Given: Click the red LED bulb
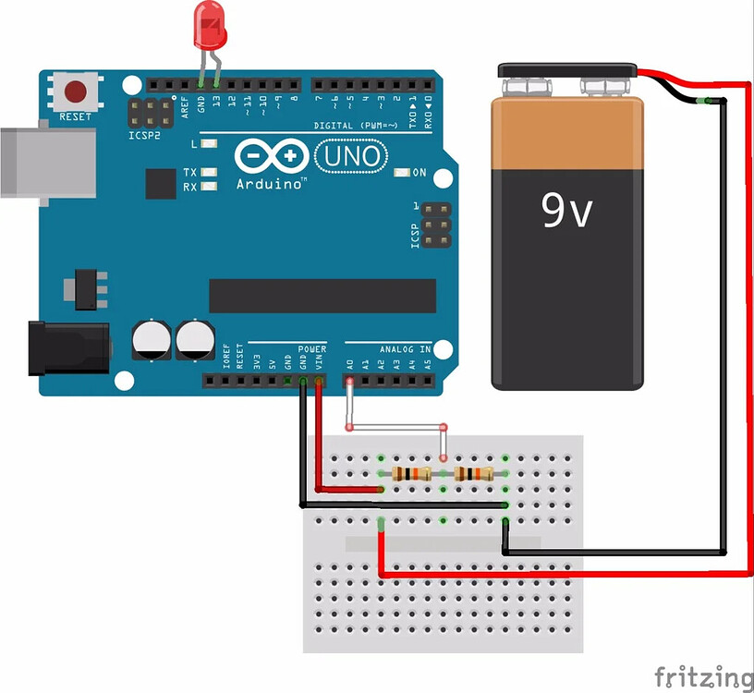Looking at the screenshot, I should (209, 27).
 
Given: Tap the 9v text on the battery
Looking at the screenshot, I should (566, 212).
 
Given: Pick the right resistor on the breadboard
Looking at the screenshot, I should (474, 474).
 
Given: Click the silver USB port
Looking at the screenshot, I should (46, 163).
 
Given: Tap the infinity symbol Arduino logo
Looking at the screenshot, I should (270, 156).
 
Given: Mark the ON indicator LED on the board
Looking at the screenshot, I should (403, 173).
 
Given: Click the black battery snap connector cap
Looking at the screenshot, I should (566, 70).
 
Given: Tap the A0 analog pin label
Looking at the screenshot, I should (349, 365).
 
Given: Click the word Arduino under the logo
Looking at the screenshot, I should (271, 184).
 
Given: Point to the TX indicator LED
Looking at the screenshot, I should (211, 173).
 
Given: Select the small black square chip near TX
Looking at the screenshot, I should (160, 183).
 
